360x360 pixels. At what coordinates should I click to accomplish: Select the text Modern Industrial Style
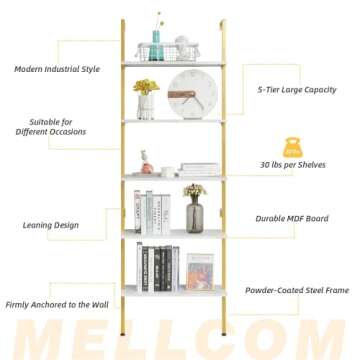[57, 69]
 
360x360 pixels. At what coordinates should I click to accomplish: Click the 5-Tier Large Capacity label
[296, 90]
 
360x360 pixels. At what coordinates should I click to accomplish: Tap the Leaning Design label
[51, 225]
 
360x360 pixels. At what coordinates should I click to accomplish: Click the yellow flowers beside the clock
[147, 88]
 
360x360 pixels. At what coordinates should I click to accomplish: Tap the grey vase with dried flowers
[194, 210]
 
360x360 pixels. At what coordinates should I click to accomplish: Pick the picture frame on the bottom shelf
[199, 271]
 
